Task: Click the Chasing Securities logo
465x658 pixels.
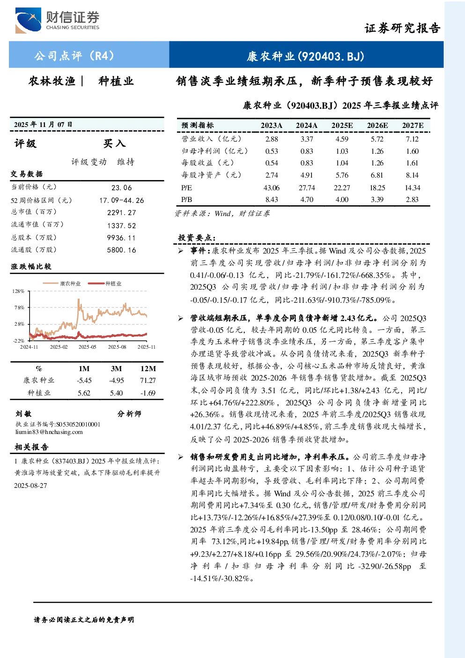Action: click(57, 20)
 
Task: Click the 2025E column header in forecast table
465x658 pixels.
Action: click(342, 126)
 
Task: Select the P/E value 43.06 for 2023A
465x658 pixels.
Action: click(271, 187)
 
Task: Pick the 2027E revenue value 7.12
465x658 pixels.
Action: click(412, 139)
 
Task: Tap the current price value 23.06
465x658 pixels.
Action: click(122, 188)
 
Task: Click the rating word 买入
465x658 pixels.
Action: click(114, 143)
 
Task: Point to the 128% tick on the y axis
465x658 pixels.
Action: click(18, 291)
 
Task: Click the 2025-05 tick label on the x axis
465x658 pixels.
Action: click(87, 347)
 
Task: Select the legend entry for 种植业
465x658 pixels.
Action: click(104, 284)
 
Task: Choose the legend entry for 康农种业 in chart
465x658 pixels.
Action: click(62, 284)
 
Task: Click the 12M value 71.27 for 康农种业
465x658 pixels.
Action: click(148, 381)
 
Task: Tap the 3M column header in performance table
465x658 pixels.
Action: click(116, 369)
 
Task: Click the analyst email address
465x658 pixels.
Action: click(49, 432)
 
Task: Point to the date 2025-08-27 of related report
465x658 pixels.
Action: click(30, 486)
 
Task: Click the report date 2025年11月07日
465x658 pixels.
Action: click(43, 125)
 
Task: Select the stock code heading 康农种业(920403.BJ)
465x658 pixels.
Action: click(305, 56)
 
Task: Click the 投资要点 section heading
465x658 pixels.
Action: click(197, 238)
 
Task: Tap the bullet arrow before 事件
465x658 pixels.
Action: click(181, 251)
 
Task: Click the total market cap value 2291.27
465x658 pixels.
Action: click(122, 213)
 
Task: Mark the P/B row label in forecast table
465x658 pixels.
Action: click(187, 200)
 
